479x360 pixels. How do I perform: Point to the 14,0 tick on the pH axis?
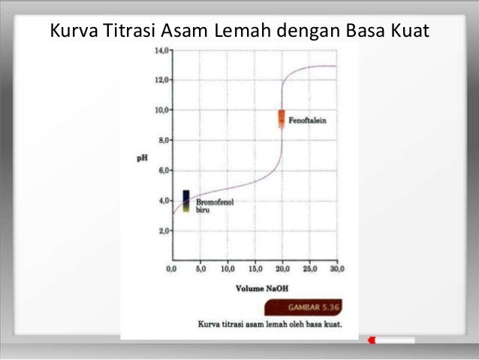coord(161,50)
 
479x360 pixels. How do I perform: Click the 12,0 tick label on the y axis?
coord(161,79)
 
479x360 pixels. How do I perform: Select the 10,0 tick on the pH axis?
coord(161,110)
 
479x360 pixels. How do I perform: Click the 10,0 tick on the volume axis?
coord(227,268)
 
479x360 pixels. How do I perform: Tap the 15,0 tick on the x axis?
coord(255,268)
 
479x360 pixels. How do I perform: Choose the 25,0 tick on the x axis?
coord(309,268)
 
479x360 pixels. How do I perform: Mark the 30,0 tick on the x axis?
coord(336,268)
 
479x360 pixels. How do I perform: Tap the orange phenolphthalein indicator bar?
coord(282,119)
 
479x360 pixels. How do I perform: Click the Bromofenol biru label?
coord(213,207)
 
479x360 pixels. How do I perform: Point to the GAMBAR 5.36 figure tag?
coord(311,308)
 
